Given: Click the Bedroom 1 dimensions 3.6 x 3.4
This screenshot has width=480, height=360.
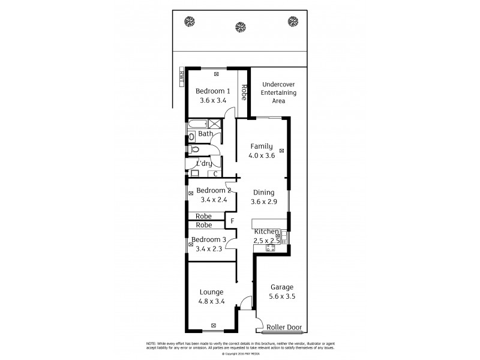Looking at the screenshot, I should (212, 101).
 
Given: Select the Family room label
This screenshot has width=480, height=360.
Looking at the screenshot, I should (262, 146).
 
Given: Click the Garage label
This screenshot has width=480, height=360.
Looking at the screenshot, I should (282, 287).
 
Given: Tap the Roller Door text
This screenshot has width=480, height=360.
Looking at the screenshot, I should (284, 328).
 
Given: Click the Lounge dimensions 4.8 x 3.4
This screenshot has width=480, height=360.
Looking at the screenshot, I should (211, 302).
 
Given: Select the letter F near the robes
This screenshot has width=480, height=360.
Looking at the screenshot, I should (232, 221).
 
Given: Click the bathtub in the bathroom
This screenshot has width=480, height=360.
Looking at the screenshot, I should (196, 124).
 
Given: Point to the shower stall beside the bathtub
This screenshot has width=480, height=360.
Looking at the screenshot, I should (214, 124).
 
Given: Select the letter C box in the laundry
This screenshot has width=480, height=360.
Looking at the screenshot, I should (215, 174).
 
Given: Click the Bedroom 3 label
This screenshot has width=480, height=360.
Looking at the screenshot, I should (209, 239).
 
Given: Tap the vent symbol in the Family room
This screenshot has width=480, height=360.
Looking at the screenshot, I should (281, 151).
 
